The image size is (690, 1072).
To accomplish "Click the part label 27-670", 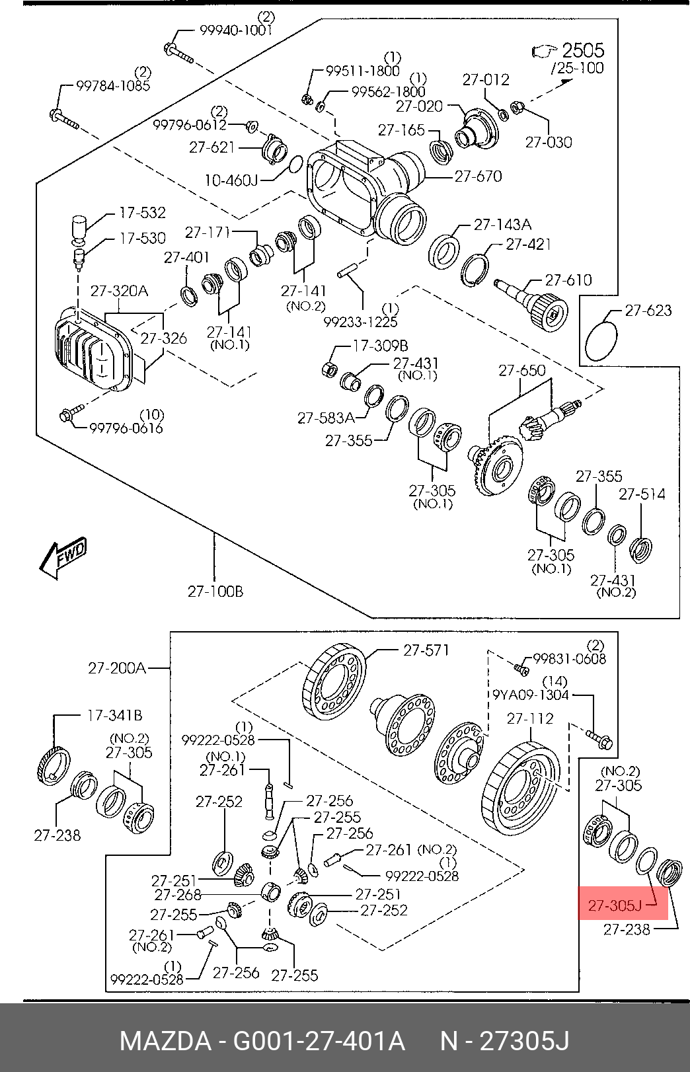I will tap(478, 176).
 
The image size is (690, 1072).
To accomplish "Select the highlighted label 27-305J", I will tap(615, 905).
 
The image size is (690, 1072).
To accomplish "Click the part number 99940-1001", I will tap(235, 30).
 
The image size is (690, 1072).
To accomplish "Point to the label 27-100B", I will tap(215, 591).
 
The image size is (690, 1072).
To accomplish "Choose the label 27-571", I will tap(426, 650).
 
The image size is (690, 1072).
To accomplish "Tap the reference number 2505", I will tap(582, 50).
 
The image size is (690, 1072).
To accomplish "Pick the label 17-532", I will tap(142, 213).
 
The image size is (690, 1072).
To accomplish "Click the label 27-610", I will tap(568, 280).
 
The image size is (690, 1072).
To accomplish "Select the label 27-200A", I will tap(117, 668).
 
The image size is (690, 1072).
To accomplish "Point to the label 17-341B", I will tap(115, 715).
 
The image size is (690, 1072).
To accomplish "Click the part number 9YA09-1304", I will tap(530, 695).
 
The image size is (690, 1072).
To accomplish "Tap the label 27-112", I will tap(530, 718).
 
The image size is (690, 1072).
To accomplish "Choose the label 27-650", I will tap(522, 370).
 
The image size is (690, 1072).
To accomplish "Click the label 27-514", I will tap(642, 494).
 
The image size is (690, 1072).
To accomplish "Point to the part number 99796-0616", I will tap(126, 428).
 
